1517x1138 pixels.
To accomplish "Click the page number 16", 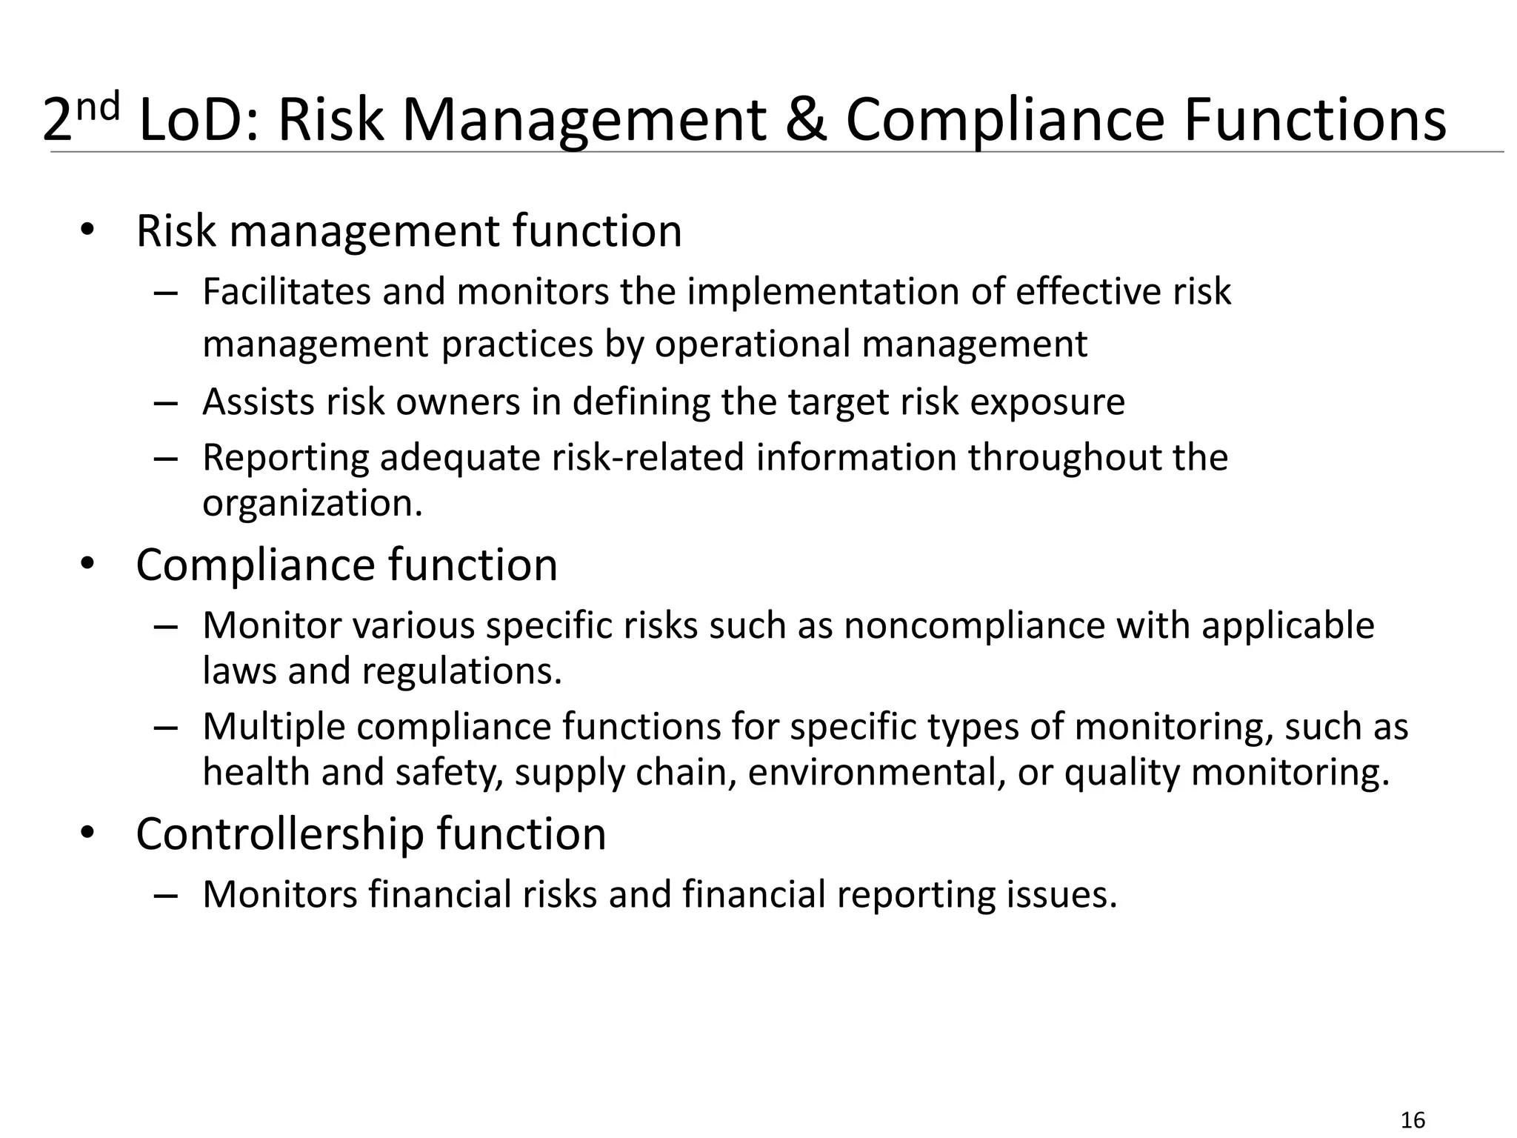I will click(x=1413, y=1120).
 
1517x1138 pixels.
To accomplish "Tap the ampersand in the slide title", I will click(x=805, y=120).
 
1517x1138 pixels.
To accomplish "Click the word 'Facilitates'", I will click(x=286, y=291).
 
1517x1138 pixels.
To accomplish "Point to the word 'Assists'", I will click(x=259, y=402).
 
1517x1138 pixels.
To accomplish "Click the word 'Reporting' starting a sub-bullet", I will click(x=285, y=458).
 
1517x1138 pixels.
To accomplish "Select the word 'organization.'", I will click(x=313, y=504).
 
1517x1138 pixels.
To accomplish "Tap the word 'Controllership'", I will click(x=279, y=834).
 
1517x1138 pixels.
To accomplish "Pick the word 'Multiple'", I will click(x=273, y=726).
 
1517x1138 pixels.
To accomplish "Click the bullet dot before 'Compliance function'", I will click(x=87, y=565).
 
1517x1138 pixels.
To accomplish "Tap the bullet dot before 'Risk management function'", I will click(x=87, y=230).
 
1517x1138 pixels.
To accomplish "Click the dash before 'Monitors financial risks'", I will click(x=166, y=895).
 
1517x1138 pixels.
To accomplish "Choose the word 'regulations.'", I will click(x=462, y=671).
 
